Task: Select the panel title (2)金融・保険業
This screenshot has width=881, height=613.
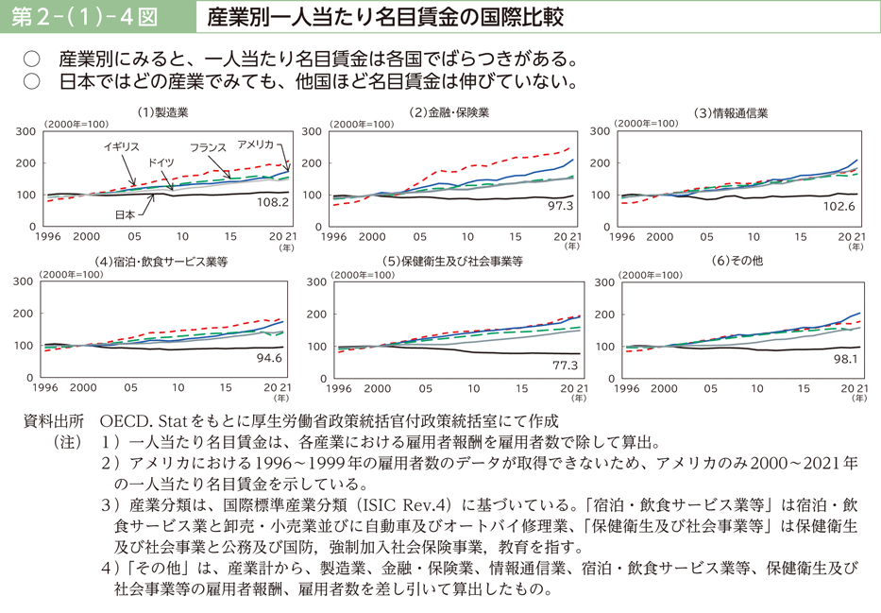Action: point(449,112)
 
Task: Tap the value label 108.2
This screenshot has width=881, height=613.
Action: point(272,202)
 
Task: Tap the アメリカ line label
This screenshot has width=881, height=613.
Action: point(255,144)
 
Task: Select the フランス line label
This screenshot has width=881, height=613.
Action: point(208,148)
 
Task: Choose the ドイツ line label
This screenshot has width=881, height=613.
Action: point(161,162)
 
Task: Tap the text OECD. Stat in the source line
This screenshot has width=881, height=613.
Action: point(144,420)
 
